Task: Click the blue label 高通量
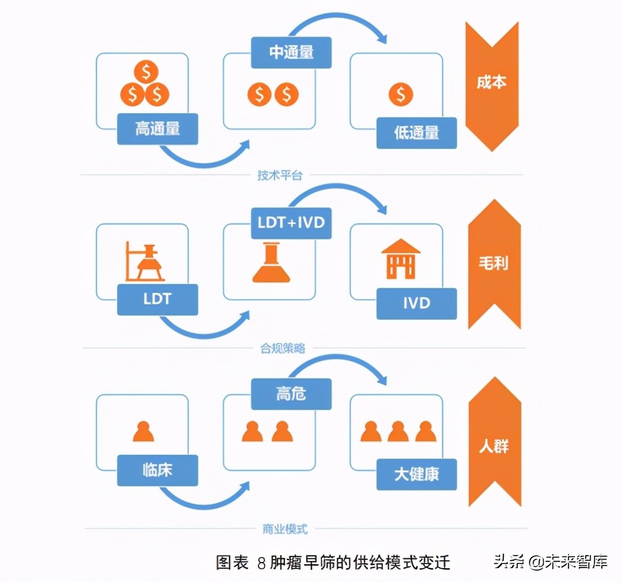(x=157, y=129)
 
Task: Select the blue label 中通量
(x=291, y=53)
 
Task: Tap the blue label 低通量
(x=416, y=132)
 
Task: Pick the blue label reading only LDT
(x=157, y=300)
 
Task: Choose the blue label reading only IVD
(x=416, y=303)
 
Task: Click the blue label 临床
(x=157, y=470)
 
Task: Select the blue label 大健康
(x=416, y=474)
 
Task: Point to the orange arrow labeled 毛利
(x=494, y=264)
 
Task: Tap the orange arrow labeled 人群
(x=494, y=446)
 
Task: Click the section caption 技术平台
(x=280, y=175)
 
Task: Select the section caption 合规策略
(x=282, y=348)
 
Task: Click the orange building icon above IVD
(x=400, y=259)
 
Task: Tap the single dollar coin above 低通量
(x=400, y=95)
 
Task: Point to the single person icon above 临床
(x=143, y=431)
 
